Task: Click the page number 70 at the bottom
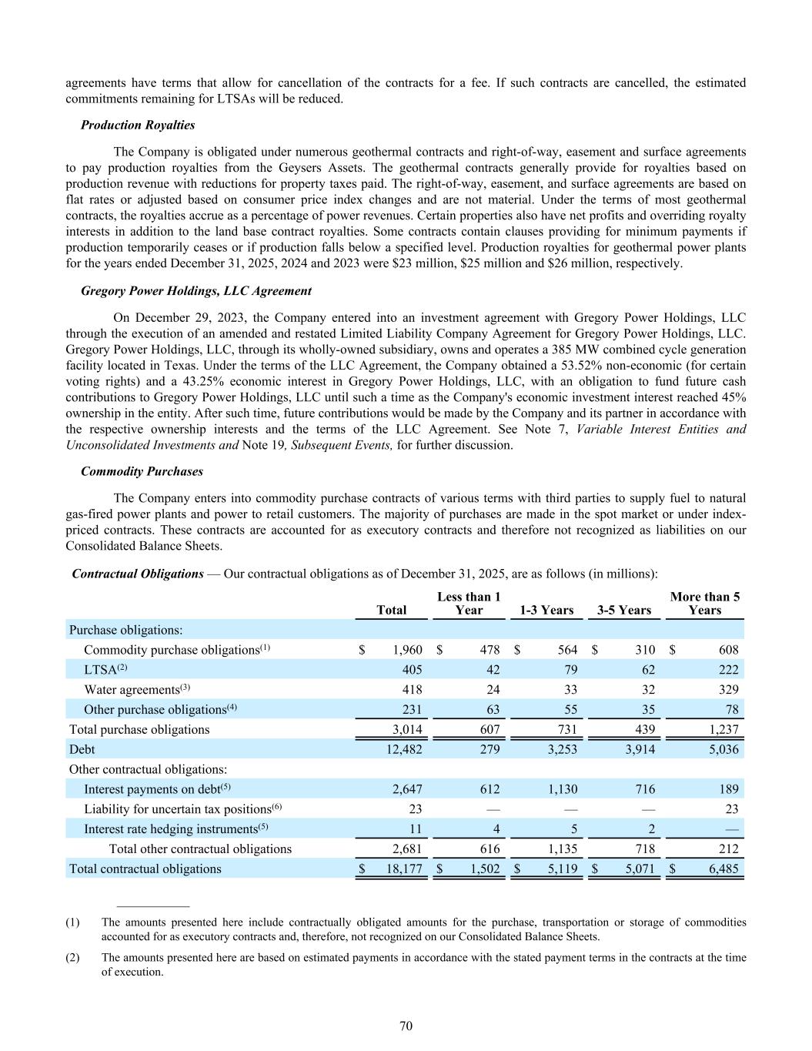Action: [x=406, y=1026]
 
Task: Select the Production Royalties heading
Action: [x=138, y=125]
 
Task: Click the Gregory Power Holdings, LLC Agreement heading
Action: [x=196, y=291]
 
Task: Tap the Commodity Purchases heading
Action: [x=142, y=471]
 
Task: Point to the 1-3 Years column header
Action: [x=546, y=610]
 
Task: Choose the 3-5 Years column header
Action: [x=624, y=610]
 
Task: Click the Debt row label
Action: [x=82, y=749]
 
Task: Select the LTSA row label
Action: [x=100, y=670]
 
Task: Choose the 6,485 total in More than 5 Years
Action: [x=720, y=869]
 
